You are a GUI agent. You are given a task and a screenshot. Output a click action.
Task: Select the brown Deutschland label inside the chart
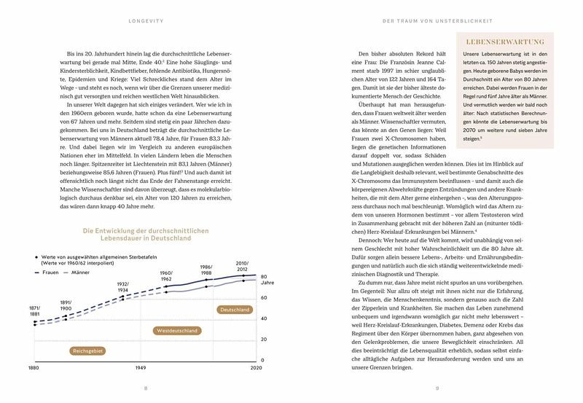coord(234,310)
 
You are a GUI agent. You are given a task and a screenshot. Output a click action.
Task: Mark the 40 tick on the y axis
coord(265,318)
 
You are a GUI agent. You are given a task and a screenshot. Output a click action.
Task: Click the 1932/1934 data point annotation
coord(122,287)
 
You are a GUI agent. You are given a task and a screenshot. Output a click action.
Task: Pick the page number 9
coord(437,388)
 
